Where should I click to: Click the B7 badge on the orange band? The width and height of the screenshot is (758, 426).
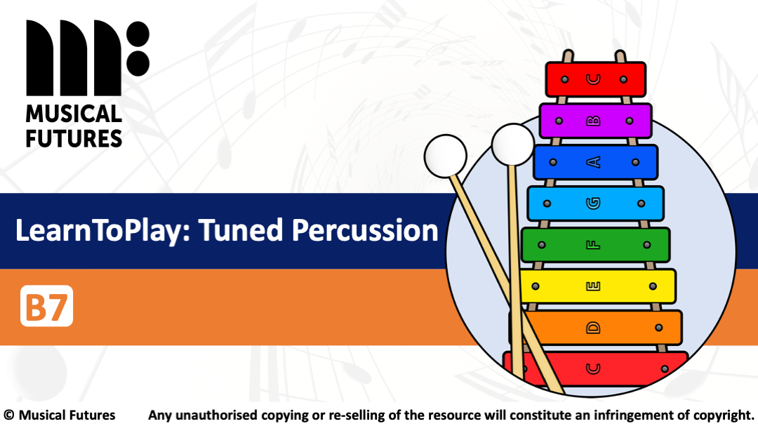(46, 305)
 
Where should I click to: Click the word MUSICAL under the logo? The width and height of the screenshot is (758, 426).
(74, 114)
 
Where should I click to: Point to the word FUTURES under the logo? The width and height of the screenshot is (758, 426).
(74, 138)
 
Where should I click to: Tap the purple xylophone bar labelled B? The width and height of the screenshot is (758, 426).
(595, 121)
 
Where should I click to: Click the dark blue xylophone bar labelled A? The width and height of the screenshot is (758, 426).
(595, 162)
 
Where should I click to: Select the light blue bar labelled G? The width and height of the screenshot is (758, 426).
(595, 204)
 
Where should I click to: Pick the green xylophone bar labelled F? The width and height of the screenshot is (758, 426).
(595, 245)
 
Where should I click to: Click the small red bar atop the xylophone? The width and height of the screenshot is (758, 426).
(595, 79)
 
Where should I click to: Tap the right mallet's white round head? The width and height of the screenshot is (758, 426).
(513, 145)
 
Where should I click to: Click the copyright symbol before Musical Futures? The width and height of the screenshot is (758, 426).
(9, 415)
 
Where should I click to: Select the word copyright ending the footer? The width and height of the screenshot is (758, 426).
(723, 415)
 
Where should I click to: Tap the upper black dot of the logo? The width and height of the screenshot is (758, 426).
(137, 34)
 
